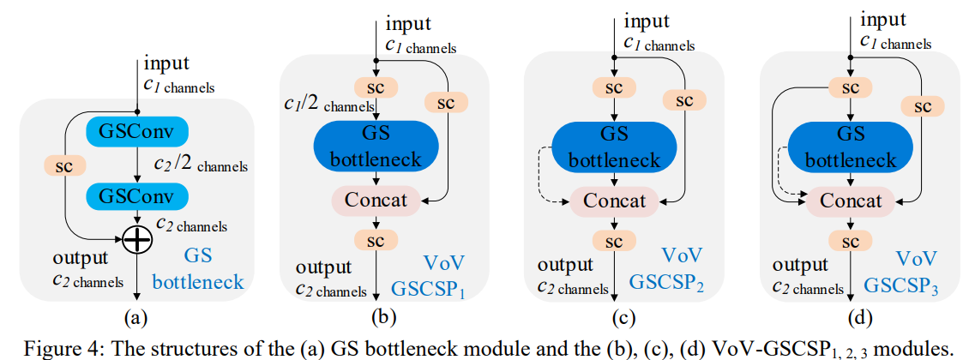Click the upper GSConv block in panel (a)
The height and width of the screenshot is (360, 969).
click(137, 131)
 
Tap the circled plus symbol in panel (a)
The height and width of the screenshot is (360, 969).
click(137, 241)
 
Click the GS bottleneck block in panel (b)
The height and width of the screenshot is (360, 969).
click(376, 147)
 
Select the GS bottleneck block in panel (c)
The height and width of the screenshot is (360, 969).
click(613, 147)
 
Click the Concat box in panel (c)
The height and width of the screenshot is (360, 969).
click(613, 201)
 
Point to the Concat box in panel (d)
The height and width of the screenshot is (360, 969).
click(850, 201)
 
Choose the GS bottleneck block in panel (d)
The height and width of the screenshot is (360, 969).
click(850, 147)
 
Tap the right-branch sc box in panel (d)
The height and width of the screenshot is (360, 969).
click(920, 105)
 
